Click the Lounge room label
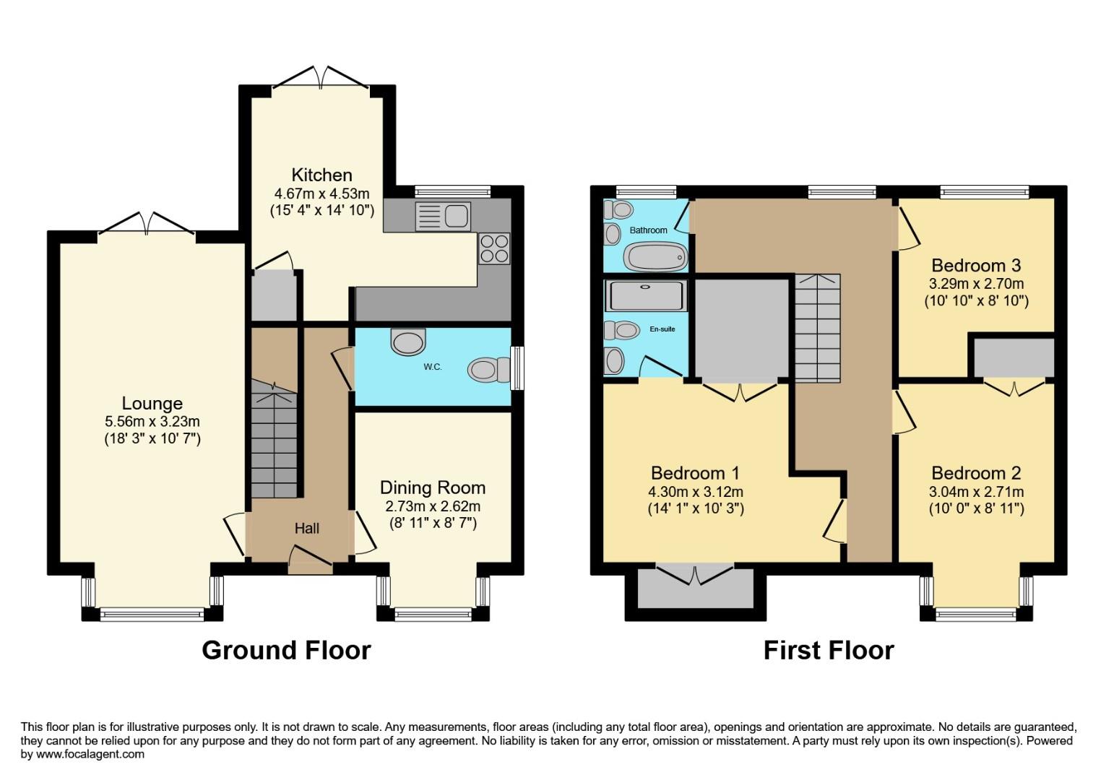click(152, 404)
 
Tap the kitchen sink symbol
click(443, 216)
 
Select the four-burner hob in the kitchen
click(494, 248)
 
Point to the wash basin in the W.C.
click(409, 341)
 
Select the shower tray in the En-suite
click(646, 295)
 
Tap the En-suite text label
click(662, 329)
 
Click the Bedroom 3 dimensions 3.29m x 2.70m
click(977, 284)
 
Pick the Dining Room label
click(433, 487)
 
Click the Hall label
click(306, 529)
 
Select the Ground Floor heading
click(286, 650)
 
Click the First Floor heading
click(829, 650)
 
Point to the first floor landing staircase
click(818, 329)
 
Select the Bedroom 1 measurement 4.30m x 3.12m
click(696, 492)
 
